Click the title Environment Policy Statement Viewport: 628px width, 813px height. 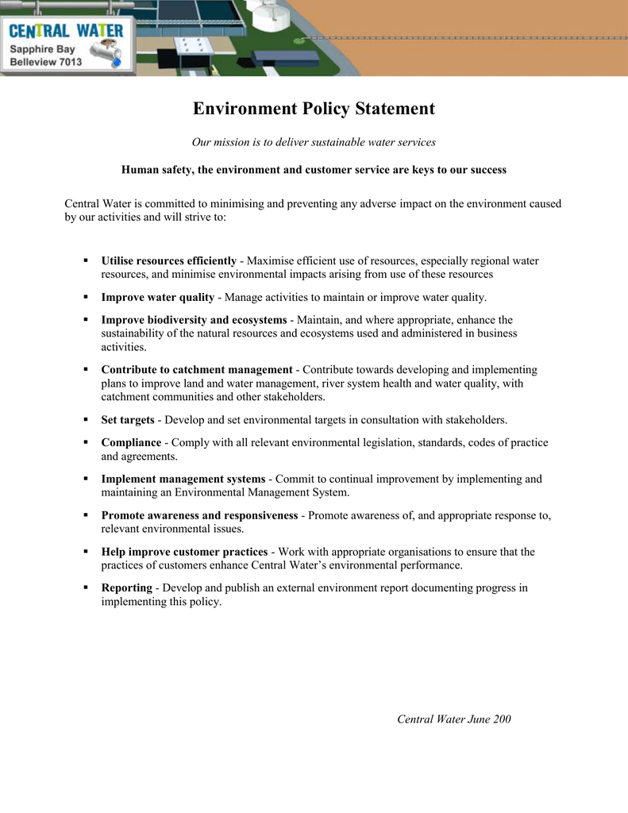click(x=314, y=109)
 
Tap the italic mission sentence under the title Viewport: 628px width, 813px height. click(x=314, y=142)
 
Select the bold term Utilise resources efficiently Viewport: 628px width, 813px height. click(x=168, y=260)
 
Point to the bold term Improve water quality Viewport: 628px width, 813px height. click(x=157, y=297)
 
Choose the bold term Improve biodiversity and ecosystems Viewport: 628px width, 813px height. click(x=194, y=320)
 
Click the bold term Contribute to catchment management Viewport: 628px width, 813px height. click(x=197, y=370)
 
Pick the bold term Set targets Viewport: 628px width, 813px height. click(x=128, y=420)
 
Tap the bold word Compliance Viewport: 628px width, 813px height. click(x=131, y=442)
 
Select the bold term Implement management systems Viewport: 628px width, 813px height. click(x=183, y=479)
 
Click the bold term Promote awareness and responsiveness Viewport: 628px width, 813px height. click(x=199, y=515)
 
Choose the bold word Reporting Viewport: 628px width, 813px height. click(x=126, y=588)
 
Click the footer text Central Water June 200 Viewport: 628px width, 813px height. click(x=453, y=719)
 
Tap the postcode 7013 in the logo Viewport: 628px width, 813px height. click(x=69, y=62)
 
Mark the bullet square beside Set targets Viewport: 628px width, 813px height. click(x=85, y=420)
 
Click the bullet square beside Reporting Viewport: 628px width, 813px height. click(x=85, y=588)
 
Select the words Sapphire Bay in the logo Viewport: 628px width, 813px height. click(x=42, y=49)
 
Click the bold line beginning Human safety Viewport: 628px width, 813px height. click(x=314, y=170)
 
